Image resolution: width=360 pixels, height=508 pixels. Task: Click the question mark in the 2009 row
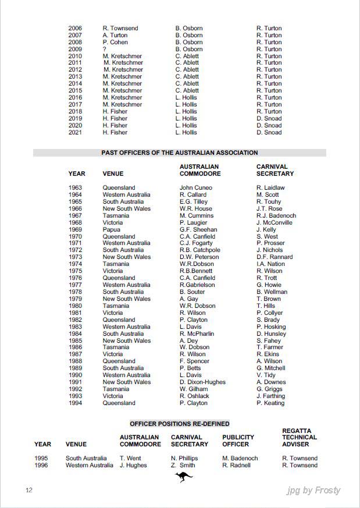(105, 49)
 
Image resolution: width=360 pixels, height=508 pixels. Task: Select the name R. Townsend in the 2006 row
(120, 28)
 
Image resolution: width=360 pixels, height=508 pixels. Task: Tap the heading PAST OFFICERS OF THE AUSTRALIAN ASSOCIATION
(180, 152)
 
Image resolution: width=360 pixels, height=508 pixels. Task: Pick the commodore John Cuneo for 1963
(196, 187)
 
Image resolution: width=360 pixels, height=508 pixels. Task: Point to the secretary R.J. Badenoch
(276, 215)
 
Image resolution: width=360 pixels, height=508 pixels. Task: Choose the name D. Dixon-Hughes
(202, 382)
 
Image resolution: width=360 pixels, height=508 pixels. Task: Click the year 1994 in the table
(76, 403)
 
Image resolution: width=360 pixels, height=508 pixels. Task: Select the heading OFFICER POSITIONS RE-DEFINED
(180, 424)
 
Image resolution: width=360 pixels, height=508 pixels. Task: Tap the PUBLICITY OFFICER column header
(238, 440)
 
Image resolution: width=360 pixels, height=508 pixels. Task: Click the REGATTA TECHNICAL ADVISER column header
(300, 437)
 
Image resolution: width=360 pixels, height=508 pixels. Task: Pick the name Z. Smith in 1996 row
(183, 465)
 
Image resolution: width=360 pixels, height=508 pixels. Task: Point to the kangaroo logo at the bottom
(184, 478)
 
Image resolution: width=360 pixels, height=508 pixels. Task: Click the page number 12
(28, 490)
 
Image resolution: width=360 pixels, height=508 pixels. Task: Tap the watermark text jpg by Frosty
(313, 490)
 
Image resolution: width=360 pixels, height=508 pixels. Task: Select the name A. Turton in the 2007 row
(115, 35)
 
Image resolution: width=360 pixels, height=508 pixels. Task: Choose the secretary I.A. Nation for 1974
(270, 264)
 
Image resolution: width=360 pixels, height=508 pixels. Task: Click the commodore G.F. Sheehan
(198, 229)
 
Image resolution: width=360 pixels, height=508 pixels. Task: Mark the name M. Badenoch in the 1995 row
(240, 458)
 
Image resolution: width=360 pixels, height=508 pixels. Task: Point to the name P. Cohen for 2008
(115, 42)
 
